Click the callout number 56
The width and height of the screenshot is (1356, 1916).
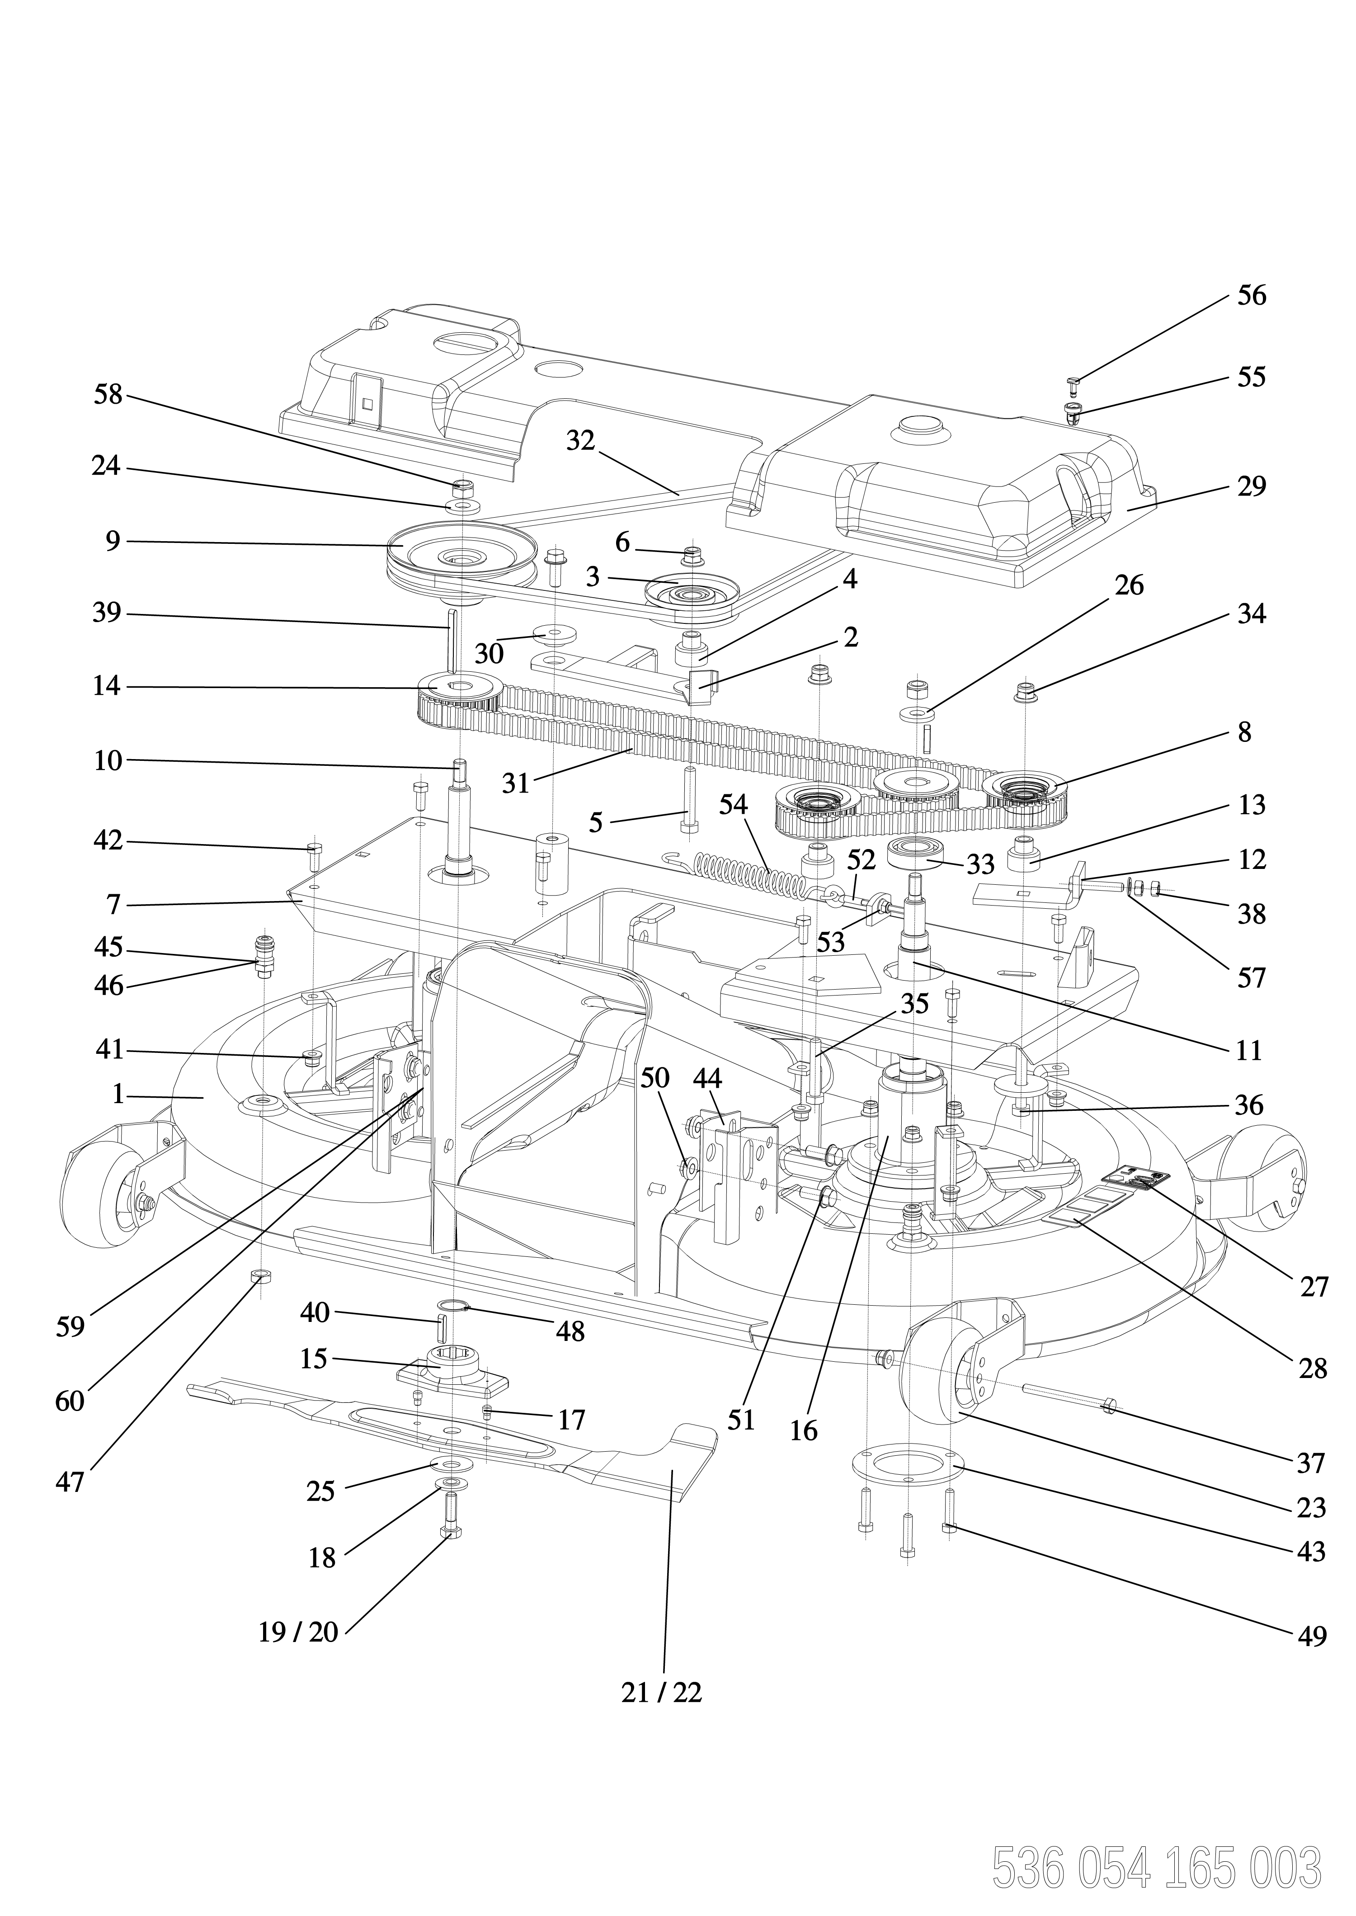[x=1251, y=296]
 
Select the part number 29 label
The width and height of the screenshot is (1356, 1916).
[x=1251, y=486]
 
